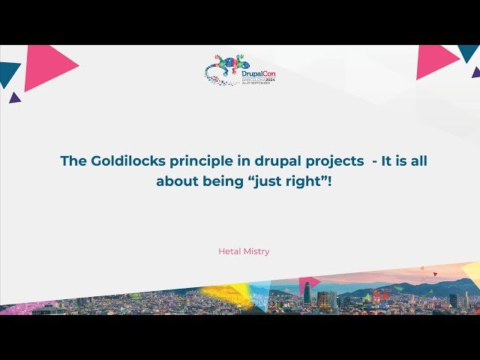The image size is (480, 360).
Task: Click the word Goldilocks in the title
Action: click(x=121, y=161)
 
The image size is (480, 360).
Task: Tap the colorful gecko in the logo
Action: click(x=223, y=68)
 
